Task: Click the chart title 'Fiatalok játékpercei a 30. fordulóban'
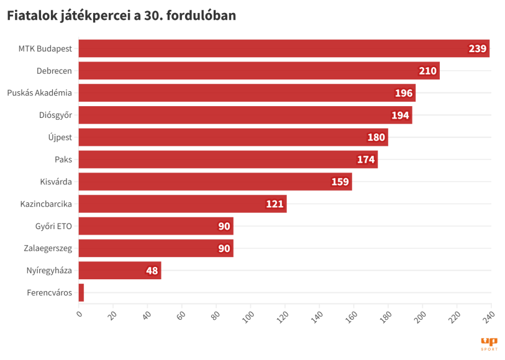[x=122, y=17]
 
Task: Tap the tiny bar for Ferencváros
[x=81, y=293]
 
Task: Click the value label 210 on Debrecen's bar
[x=427, y=71]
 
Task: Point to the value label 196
[x=403, y=93]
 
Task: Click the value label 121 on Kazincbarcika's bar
[x=275, y=204]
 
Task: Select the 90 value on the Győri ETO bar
[x=224, y=227]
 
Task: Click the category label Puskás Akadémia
[x=40, y=93]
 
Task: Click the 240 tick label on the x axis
[x=489, y=316]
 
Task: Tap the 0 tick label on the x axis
[x=80, y=313]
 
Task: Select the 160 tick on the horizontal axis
[x=352, y=316]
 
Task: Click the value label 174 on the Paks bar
[x=366, y=160]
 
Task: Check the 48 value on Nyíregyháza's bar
[x=152, y=271]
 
